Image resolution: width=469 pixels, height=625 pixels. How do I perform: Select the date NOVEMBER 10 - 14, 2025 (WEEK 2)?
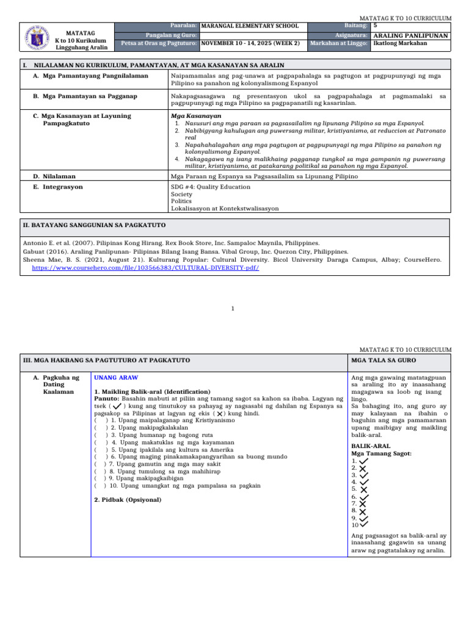click(x=250, y=43)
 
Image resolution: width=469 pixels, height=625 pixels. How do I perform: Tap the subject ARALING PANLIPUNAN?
click(x=410, y=35)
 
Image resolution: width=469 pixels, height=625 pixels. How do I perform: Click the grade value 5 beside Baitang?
click(x=375, y=26)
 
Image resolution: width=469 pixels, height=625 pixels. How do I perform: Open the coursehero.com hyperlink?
click(x=141, y=268)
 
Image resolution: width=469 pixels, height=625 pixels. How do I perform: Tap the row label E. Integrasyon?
click(x=58, y=187)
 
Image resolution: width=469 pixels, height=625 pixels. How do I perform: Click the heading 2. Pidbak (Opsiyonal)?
click(x=128, y=499)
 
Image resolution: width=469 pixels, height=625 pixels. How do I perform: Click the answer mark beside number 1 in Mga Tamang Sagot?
click(x=363, y=461)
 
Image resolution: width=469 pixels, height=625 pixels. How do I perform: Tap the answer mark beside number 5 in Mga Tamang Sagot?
click(x=363, y=489)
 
